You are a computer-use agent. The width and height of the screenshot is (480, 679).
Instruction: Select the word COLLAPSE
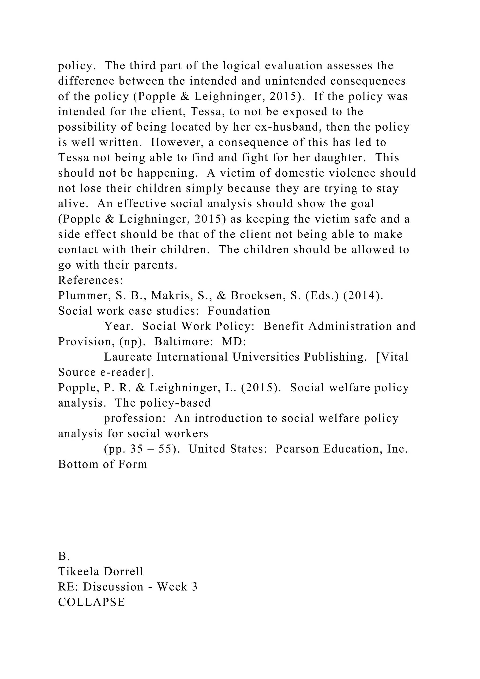tap(92, 602)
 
